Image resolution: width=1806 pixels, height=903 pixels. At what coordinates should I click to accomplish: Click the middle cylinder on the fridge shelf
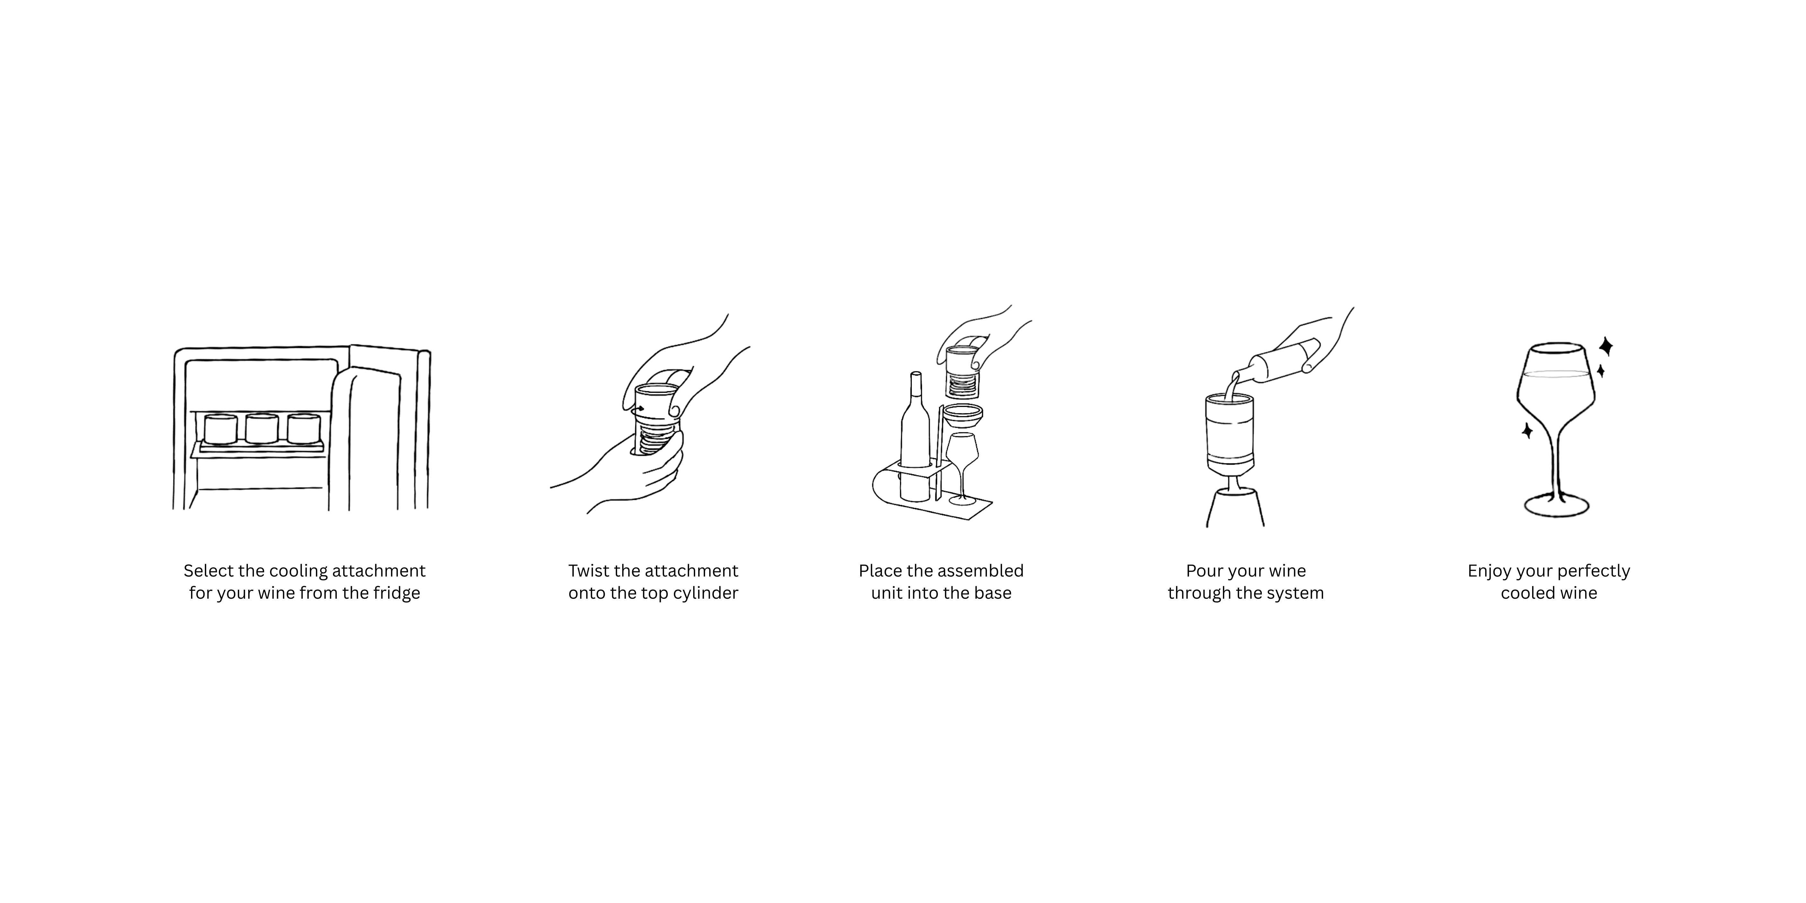click(262, 428)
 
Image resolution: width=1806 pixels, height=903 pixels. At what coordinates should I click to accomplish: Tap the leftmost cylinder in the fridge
click(221, 428)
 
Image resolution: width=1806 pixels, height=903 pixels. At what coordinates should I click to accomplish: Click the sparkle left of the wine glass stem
click(1527, 430)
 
